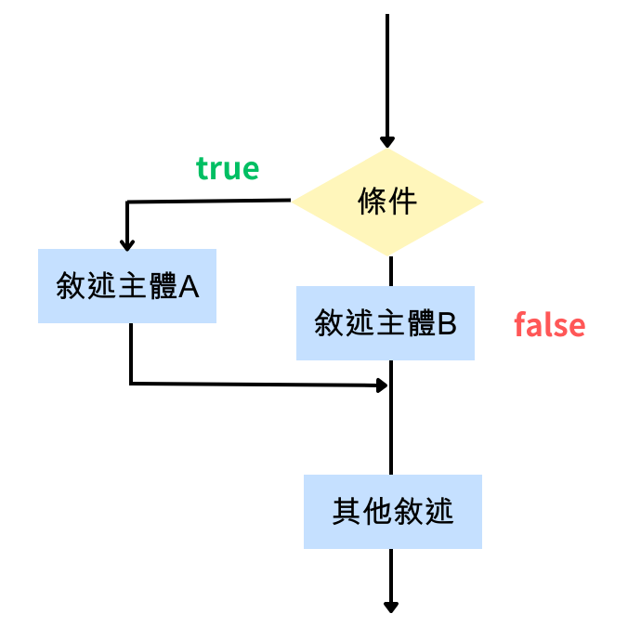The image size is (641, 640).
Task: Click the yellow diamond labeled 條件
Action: pyautogui.click(x=388, y=202)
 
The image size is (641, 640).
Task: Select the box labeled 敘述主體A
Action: pyautogui.click(x=127, y=286)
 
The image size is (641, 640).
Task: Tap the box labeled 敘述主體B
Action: pyautogui.click(x=386, y=323)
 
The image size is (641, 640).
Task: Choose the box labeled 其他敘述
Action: pyautogui.click(x=393, y=512)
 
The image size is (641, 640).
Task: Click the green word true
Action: pyautogui.click(x=227, y=168)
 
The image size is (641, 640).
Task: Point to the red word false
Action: pyautogui.click(x=549, y=325)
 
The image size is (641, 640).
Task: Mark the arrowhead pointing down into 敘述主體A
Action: pyautogui.click(x=127, y=243)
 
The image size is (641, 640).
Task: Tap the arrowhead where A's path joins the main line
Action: pyautogui.click(x=381, y=384)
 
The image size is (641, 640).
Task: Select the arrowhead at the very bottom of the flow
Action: pyautogui.click(x=391, y=607)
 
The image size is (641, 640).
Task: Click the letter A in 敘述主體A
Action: pyautogui.click(x=190, y=287)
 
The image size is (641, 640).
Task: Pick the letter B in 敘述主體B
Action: pyautogui.click(x=447, y=324)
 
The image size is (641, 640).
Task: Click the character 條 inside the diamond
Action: pyautogui.click(x=373, y=202)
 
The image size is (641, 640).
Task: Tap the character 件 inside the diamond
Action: pyautogui.click(x=403, y=202)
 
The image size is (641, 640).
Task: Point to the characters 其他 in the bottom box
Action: pyautogui.click(x=362, y=512)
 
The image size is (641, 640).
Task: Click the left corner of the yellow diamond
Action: pyautogui.click(x=296, y=201)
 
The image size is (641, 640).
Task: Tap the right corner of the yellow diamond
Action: pyautogui.click(x=480, y=202)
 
